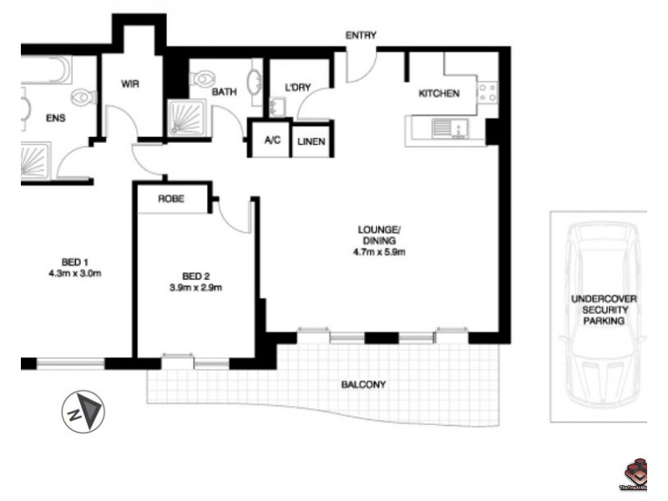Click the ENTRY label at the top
pyautogui.click(x=362, y=36)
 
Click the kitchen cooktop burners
pyautogui.click(x=486, y=91)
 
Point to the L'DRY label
pyautogui.click(x=298, y=89)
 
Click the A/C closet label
pyautogui.click(x=272, y=142)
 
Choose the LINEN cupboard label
pyautogui.click(x=310, y=142)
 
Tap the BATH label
pyautogui.click(x=224, y=93)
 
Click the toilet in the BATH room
pyautogui.click(x=200, y=79)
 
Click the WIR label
pyautogui.click(x=130, y=85)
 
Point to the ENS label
pyautogui.click(x=55, y=118)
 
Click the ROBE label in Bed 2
pyautogui.click(x=171, y=200)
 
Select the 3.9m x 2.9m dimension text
pyautogui.click(x=196, y=288)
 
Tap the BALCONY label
pyautogui.click(x=363, y=385)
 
